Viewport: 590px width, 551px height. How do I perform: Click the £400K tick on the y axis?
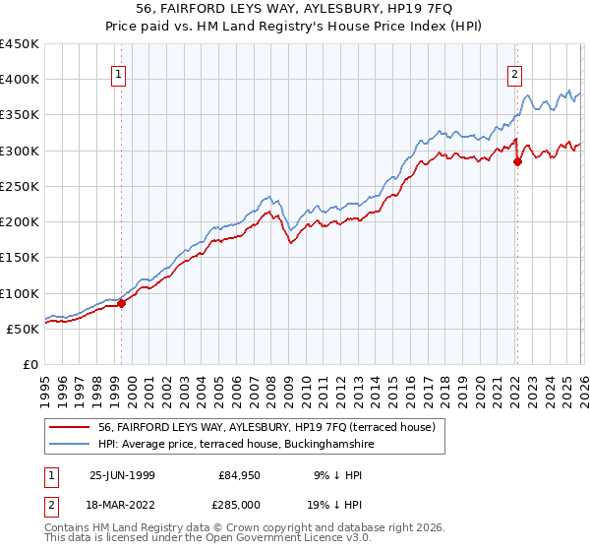click(x=20, y=80)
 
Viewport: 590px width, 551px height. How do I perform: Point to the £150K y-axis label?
click(x=20, y=258)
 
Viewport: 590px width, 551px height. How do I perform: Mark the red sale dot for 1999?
click(x=122, y=304)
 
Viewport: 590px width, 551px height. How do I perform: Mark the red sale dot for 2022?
click(x=517, y=162)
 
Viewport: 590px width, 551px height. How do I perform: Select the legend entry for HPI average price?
click(x=236, y=445)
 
